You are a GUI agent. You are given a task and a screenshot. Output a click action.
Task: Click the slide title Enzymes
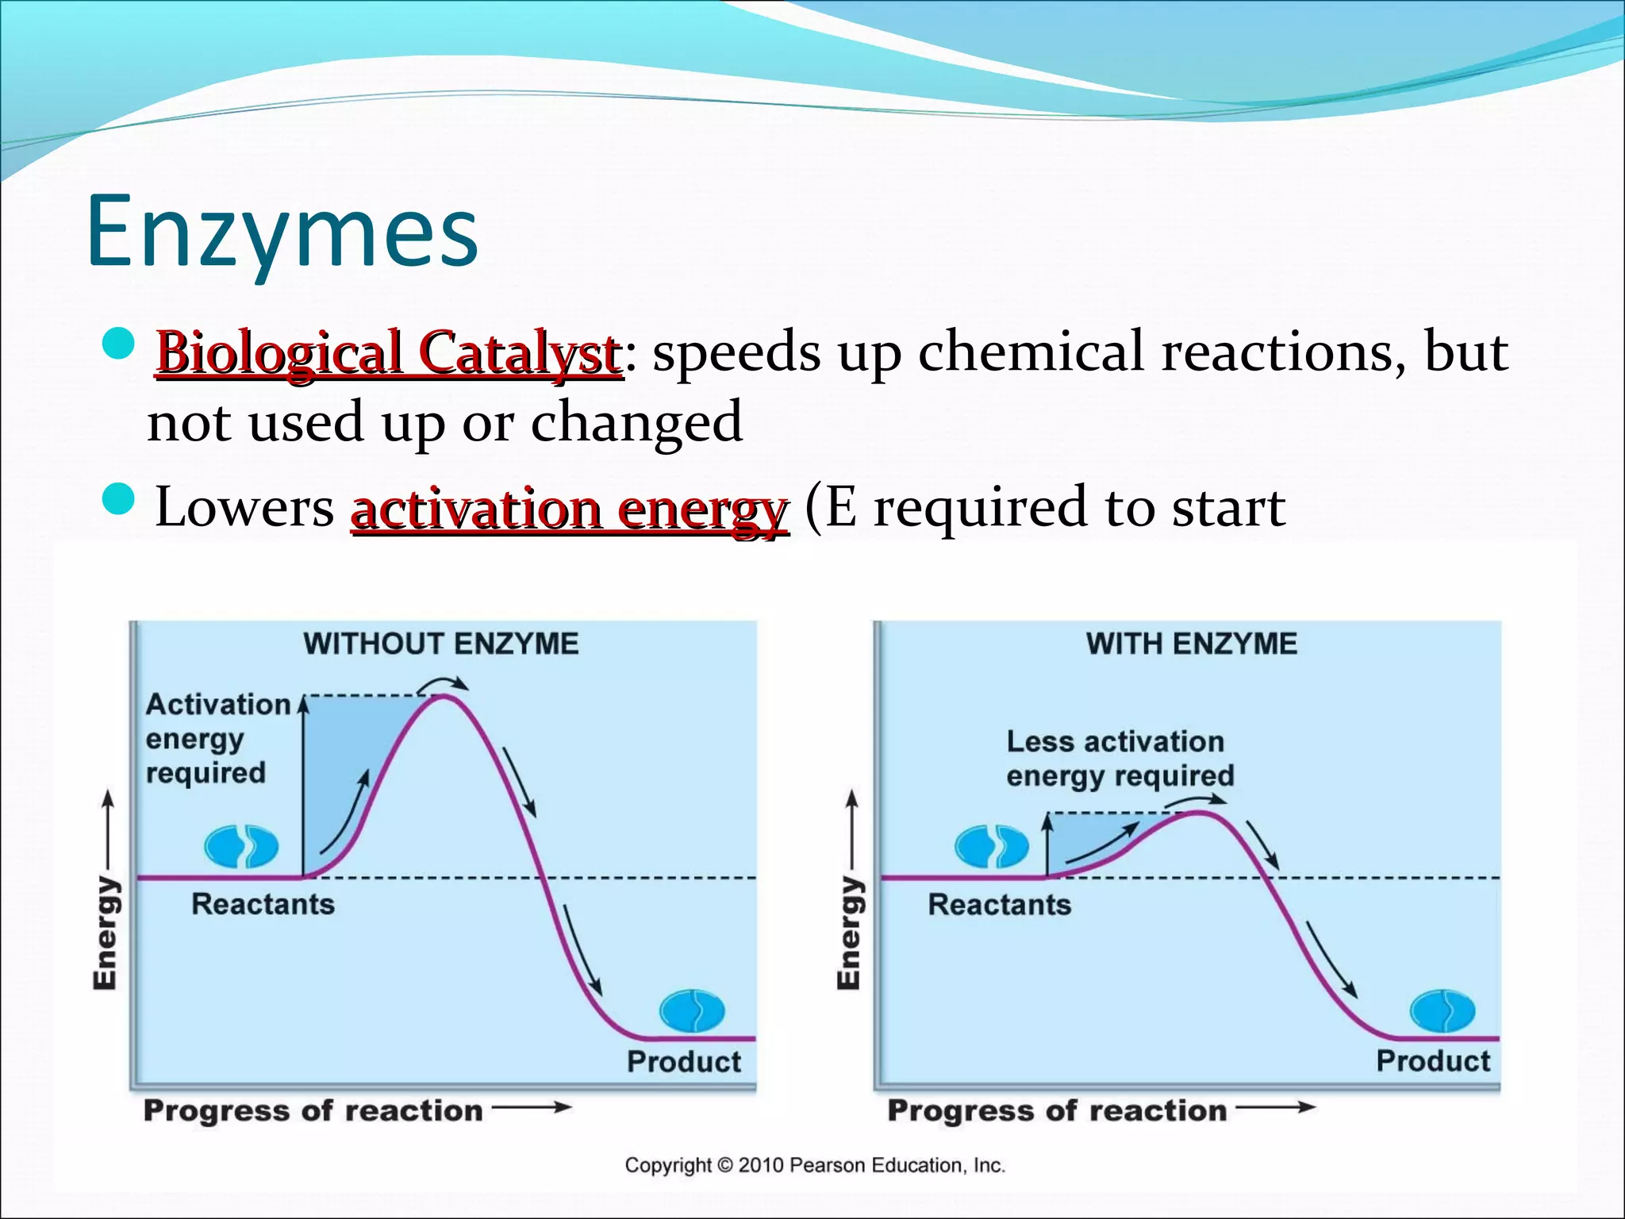click(x=282, y=232)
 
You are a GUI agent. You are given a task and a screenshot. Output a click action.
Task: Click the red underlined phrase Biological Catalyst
click(x=389, y=352)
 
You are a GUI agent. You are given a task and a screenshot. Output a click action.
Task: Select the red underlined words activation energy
click(x=569, y=509)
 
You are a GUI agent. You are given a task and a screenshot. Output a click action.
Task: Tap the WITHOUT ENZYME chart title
click(x=441, y=644)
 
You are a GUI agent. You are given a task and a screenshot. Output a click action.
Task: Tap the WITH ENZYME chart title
click(x=1191, y=644)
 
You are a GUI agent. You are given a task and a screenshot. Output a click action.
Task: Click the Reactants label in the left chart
click(x=263, y=904)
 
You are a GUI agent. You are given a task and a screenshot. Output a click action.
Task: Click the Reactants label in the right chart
click(x=999, y=905)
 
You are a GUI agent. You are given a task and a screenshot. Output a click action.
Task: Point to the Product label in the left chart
click(x=683, y=1062)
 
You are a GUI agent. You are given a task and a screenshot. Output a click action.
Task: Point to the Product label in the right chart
click(x=1433, y=1061)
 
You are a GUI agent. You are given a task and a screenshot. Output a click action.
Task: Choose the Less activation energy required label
click(x=1120, y=759)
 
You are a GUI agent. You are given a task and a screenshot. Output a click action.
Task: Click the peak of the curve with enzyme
click(x=1200, y=813)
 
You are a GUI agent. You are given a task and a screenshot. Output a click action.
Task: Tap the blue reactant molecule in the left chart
click(x=241, y=847)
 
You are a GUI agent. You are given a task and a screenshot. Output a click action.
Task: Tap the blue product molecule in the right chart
click(x=1442, y=1011)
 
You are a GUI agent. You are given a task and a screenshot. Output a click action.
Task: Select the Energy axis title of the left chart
click(x=106, y=933)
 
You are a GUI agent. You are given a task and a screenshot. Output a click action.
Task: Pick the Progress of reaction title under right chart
click(x=1057, y=1110)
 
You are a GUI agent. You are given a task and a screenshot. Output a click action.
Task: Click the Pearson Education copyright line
click(x=814, y=1165)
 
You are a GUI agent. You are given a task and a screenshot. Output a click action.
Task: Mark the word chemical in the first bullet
click(x=1031, y=352)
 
